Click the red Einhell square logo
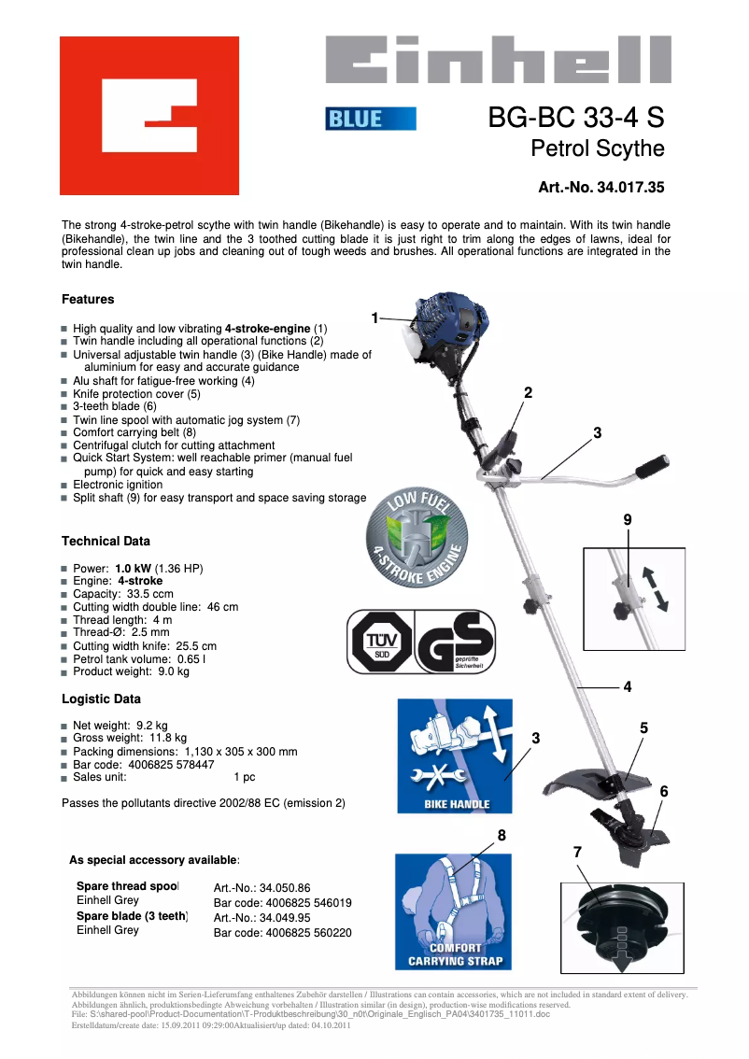[149, 115]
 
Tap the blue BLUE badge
[370, 119]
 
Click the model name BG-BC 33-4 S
[575, 119]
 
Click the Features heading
[88, 300]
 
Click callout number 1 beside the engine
[374, 318]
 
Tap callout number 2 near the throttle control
[528, 392]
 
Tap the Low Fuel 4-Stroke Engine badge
[415, 540]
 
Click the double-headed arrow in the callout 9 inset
[657, 587]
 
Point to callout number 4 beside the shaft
[628, 686]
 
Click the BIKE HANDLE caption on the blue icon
[456, 804]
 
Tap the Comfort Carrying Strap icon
[455, 911]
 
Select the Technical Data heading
[106, 541]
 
